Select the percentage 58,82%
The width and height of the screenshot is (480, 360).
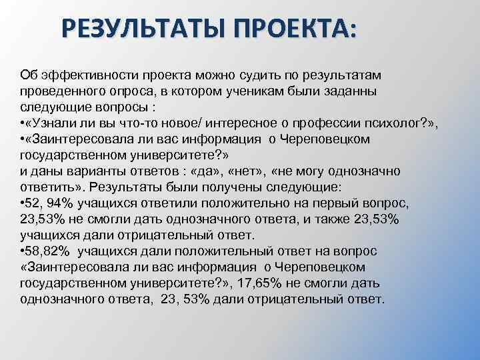(x=51, y=251)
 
